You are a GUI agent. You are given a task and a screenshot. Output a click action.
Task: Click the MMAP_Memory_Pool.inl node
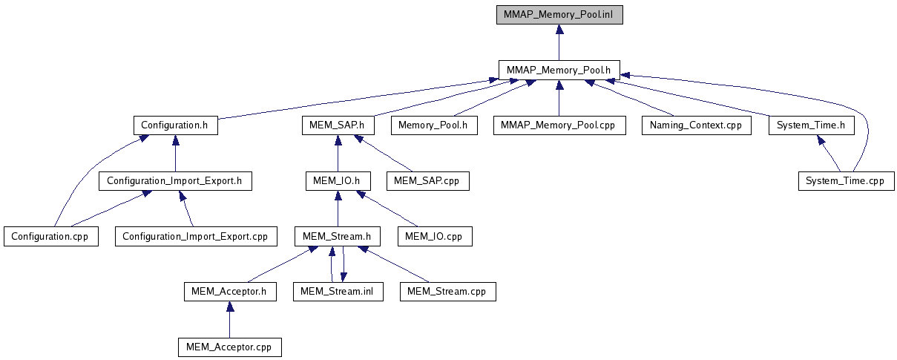(x=559, y=14)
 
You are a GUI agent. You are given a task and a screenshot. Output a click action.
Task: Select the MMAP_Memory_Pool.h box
(x=559, y=70)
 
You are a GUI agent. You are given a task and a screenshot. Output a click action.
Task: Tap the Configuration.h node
(x=175, y=125)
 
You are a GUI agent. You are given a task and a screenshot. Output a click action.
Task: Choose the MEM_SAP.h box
(x=338, y=125)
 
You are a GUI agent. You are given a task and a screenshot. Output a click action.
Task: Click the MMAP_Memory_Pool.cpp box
(x=559, y=125)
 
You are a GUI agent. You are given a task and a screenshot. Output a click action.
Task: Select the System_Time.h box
(x=811, y=125)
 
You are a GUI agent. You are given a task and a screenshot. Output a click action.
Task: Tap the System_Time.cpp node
(x=847, y=180)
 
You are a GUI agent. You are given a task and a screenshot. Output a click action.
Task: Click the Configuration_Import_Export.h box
(x=175, y=180)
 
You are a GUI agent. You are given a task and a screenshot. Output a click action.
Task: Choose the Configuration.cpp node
(x=51, y=236)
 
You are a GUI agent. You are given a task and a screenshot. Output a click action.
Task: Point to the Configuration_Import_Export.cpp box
(x=195, y=236)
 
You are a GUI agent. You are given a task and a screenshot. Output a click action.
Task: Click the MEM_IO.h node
(x=338, y=180)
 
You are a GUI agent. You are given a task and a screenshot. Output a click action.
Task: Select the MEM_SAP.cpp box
(x=427, y=180)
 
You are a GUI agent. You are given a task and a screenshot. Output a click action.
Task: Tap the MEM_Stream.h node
(x=338, y=236)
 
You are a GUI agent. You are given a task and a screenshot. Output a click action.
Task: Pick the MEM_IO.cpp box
(x=435, y=236)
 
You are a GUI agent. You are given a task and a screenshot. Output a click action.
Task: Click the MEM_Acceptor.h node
(x=229, y=292)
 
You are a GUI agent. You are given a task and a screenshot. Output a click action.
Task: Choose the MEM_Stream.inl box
(x=338, y=292)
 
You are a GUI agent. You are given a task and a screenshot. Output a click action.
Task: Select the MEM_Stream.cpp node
(x=447, y=292)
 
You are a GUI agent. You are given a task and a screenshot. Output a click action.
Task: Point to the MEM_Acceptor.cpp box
(x=229, y=347)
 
